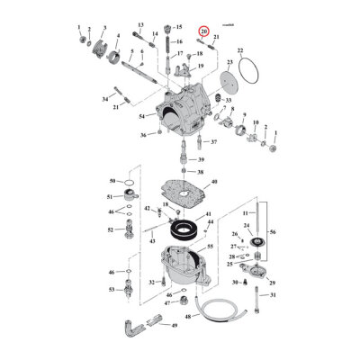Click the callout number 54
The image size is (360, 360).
tap(141, 117)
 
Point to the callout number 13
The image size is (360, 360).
tap(141, 25)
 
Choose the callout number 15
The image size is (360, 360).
tap(178, 27)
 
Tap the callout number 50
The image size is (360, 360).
tap(112, 181)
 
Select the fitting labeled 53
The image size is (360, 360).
tap(134, 290)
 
